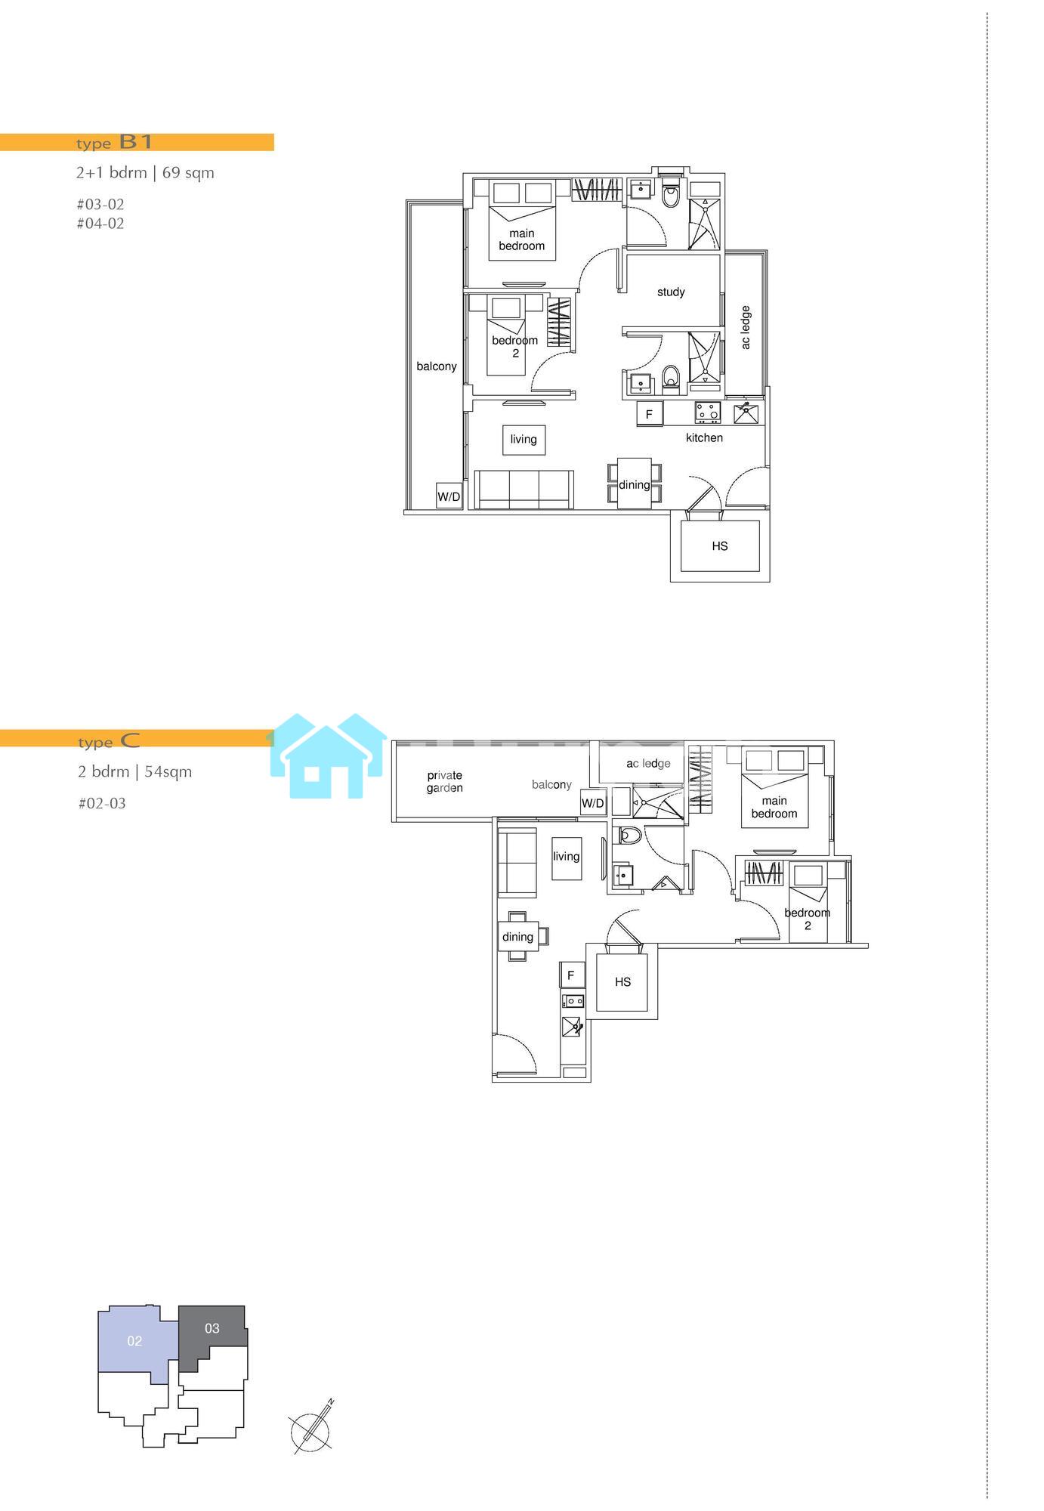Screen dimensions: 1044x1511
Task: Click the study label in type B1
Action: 671,292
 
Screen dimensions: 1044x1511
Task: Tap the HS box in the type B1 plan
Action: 720,545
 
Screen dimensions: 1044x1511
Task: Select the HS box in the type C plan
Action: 622,982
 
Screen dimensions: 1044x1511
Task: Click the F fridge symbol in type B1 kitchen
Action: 649,414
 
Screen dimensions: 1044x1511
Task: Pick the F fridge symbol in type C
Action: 571,975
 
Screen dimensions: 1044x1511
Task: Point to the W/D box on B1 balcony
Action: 449,496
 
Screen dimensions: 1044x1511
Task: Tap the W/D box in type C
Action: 593,803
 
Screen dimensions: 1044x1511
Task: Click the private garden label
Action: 444,781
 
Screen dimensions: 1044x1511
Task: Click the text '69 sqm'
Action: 188,172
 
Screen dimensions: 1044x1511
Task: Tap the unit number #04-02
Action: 100,224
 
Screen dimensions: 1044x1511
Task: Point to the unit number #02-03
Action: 102,803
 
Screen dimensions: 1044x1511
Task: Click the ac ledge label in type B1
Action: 746,327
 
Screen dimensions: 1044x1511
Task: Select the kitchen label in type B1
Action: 704,437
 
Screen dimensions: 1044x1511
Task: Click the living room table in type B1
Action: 524,440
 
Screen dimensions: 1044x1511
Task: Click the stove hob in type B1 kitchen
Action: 708,413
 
